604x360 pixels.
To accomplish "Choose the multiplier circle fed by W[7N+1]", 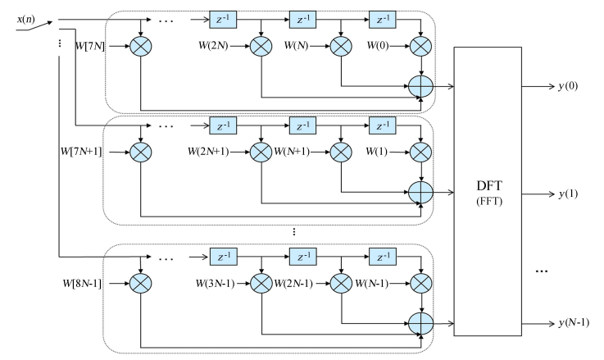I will click(x=142, y=153).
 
